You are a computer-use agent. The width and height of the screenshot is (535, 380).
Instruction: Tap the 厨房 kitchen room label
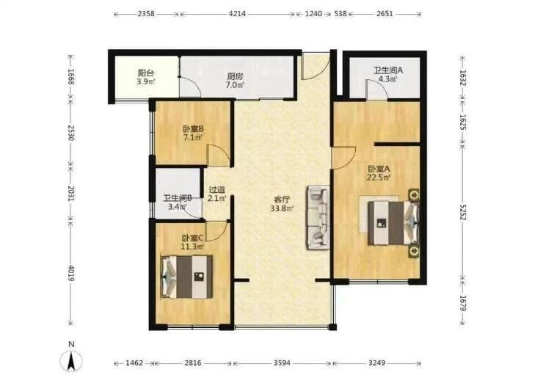235,76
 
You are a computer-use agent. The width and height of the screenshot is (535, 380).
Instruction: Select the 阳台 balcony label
146,73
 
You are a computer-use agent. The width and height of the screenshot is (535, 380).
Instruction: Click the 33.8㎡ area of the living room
282,208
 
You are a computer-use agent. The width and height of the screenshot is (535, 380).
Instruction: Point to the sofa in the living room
318,217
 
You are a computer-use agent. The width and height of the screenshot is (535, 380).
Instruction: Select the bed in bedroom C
186,277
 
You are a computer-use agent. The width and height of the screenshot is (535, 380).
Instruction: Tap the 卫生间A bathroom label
388,70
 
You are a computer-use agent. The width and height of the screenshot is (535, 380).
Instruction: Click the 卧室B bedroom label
193,129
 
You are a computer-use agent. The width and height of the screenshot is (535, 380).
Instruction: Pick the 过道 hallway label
217,190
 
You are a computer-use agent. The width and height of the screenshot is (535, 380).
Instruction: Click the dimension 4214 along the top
237,14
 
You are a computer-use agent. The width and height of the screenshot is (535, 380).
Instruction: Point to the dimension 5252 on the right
462,213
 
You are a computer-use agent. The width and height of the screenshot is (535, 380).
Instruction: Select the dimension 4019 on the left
71,273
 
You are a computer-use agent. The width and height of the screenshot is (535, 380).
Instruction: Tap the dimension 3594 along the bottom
282,363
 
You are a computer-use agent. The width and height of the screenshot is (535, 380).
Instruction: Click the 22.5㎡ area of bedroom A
379,178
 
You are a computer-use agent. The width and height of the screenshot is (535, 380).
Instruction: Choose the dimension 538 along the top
341,14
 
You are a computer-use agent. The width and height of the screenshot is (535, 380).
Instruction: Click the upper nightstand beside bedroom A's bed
414,195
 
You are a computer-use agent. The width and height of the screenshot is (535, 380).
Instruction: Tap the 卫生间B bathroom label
178,198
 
